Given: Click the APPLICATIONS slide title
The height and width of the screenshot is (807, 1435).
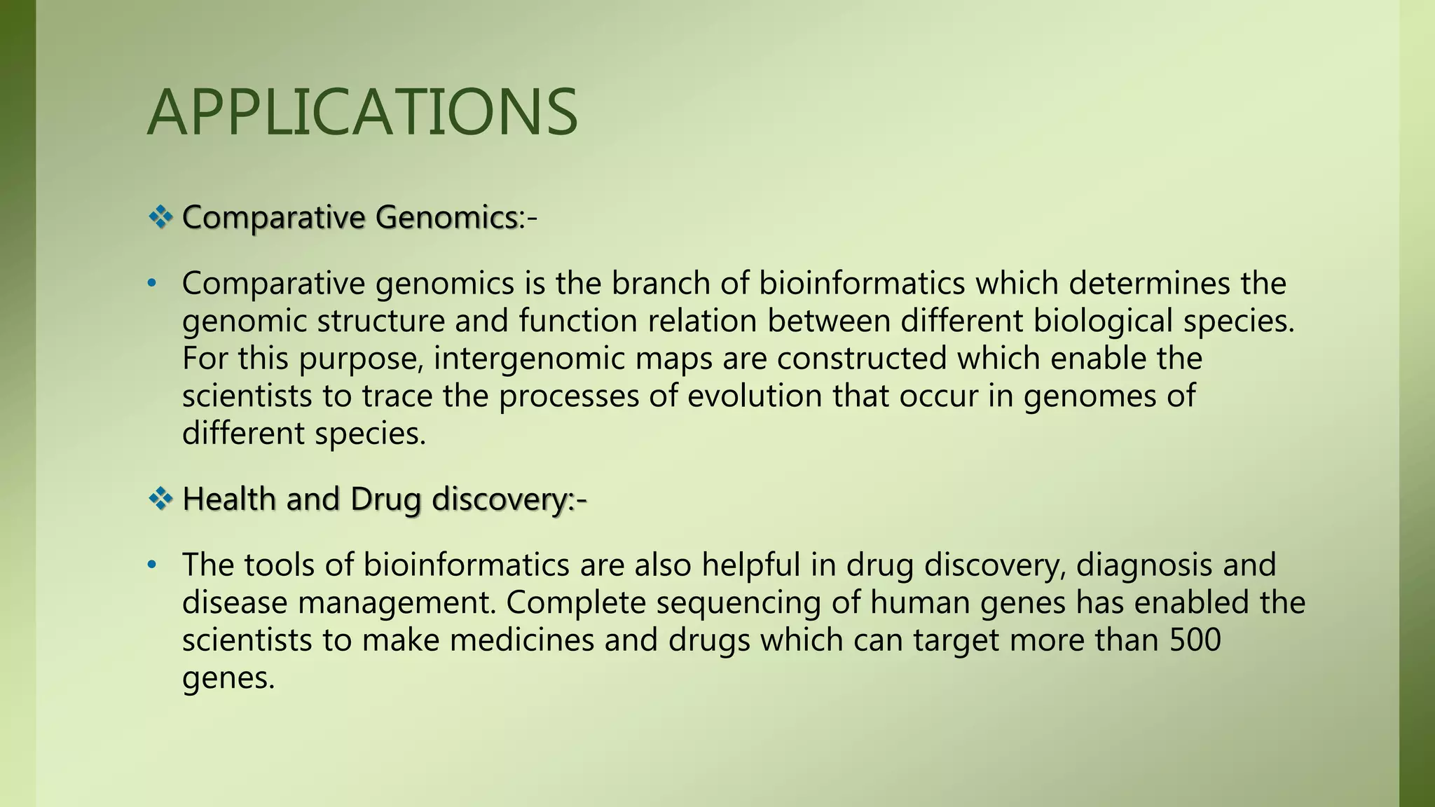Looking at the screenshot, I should coord(362,113).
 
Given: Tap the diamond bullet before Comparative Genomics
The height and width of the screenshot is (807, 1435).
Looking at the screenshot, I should coord(160,218).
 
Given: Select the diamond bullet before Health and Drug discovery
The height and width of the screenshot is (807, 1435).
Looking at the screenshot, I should coord(160,499).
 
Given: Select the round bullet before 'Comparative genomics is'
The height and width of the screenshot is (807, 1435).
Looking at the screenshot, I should coord(151,284).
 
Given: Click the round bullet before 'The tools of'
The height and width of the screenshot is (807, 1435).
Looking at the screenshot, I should coord(151,565).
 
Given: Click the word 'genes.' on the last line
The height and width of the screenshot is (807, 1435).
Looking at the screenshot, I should coord(228,679).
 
